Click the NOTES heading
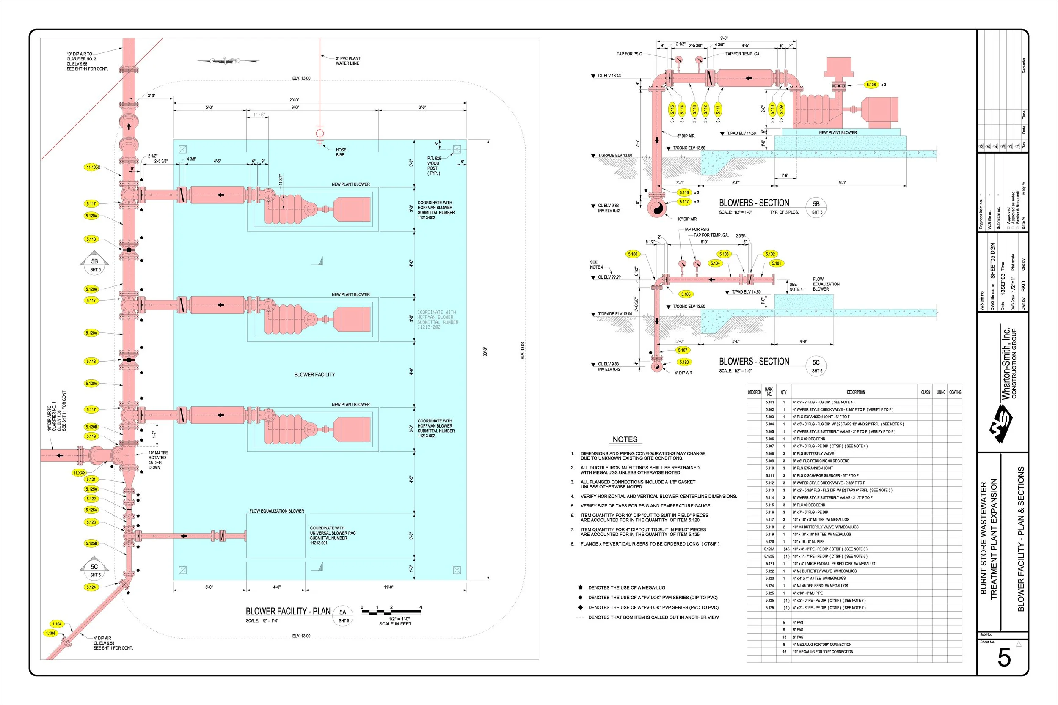click(x=625, y=439)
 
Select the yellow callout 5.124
click(x=91, y=587)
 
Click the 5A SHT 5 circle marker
click(x=343, y=615)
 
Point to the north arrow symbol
click(x=228, y=60)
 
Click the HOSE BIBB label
click(x=341, y=152)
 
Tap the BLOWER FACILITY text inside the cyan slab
click(x=314, y=375)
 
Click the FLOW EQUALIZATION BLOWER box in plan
click(x=276, y=536)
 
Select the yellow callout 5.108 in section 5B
click(x=871, y=85)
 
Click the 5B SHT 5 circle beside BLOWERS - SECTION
click(x=816, y=207)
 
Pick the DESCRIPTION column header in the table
click(x=856, y=392)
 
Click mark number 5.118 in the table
click(x=770, y=527)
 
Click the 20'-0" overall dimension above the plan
click(x=294, y=100)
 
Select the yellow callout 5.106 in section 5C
click(x=632, y=254)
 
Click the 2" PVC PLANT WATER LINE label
click(x=348, y=61)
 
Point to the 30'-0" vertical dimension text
click(x=485, y=351)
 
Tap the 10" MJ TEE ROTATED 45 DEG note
click(x=158, y=460)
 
